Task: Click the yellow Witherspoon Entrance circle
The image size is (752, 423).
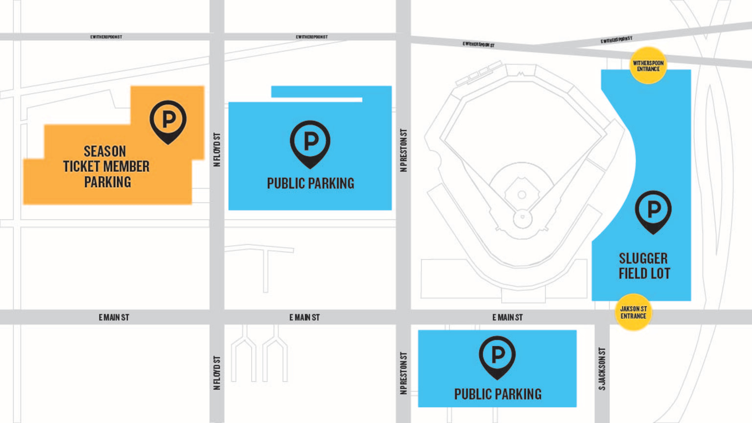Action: pos(648,66)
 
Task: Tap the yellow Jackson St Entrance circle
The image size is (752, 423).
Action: pos(633,312)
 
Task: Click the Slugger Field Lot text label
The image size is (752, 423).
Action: pos(644,266)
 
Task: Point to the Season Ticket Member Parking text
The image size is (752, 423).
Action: pos(106,166)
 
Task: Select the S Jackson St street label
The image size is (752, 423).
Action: pos(602,369)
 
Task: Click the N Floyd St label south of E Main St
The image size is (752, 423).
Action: pos(217,373)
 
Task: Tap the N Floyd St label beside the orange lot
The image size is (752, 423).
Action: pos(217,149)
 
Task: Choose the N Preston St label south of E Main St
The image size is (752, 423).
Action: pos(403,373)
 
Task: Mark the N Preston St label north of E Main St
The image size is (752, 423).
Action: pos(403,150)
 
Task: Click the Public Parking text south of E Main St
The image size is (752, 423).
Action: pos(497,394)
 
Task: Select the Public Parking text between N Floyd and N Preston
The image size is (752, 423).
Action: pos(310,183)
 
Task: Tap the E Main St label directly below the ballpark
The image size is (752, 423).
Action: pos(507,317)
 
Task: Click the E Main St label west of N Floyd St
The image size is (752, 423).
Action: pos(114,317)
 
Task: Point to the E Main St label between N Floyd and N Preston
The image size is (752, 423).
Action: pos(304,317)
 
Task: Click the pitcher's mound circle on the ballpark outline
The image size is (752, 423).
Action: pos(522,195)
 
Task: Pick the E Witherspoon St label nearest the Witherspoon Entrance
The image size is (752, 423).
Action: pos(616,40)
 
